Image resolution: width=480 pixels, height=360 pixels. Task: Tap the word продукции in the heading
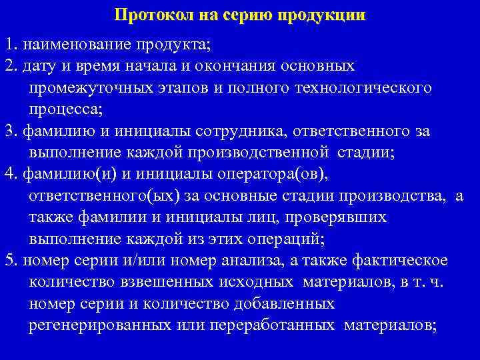(x=327, y=15)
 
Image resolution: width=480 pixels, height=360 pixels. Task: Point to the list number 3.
(x=9, y=131)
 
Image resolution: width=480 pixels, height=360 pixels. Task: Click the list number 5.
(x=9, y=261)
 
